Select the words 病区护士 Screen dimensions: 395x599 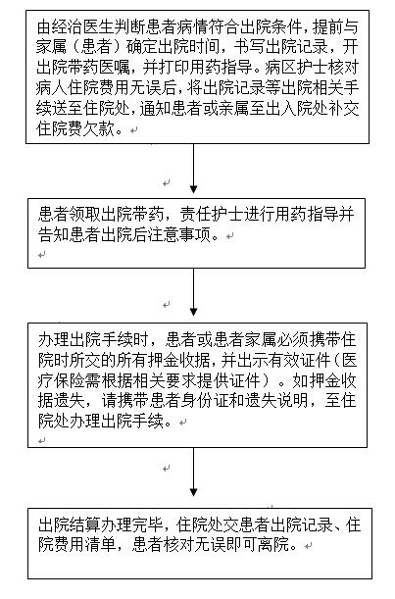(x=296, y=68)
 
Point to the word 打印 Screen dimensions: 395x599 (x=173, y=68)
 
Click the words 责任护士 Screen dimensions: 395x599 (x=212, y=214)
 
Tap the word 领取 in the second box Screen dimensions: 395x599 (x=85, y=214)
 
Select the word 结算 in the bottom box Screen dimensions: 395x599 (x=85, y=525)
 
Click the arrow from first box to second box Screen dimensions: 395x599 (x=194, y=169)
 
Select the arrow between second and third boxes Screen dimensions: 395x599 (x=194, y=292)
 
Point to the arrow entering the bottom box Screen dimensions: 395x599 (x=194, y=472)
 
